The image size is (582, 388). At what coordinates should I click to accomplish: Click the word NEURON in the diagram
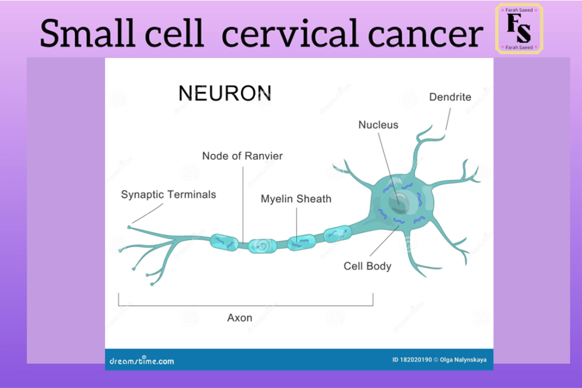pyautogui.click(x=225, y=93)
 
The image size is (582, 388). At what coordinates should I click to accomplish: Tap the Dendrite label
pyautogui.click(x=450, y=97)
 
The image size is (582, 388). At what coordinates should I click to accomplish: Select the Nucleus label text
pyautogui.click(x=378, y=125)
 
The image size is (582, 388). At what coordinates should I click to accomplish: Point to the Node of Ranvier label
pyautogui.click(x=242, y=156)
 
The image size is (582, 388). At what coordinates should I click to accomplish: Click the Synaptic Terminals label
pyautogui.click(x=168, y=195)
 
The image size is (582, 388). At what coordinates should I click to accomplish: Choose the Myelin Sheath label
pyautogui.click(x=296, y=199)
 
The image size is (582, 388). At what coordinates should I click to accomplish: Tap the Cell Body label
pyautogui.click(x=368, y=266)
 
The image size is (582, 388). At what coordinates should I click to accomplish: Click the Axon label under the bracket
pyautogui.click(x=240, y=318)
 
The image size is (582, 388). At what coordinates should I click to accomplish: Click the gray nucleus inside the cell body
pyautogui.click(x=399, y=203)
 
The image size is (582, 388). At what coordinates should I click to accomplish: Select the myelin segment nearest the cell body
pyautogui.click(x=338, y=234)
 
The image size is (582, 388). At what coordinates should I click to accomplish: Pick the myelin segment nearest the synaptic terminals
pyautogui.click(x=224, y=242)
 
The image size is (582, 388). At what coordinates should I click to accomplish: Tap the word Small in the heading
pyautogui.click(x=87, y=34)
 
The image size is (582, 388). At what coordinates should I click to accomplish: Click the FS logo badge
pyautogui.click(x=519, y=28)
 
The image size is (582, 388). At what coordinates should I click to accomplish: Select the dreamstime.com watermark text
pyautogui.click(x=142, y=361)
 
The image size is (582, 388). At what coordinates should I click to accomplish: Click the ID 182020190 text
pyautogui.click(x=412, y=360)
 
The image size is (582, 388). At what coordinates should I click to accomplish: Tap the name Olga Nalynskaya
pyautogui.click(x=463, y=360)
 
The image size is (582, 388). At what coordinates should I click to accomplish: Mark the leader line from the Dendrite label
pyautogui.click(x=448, y=119)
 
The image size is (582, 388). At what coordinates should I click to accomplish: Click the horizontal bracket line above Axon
pyautogui.click(x=246, y=306)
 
